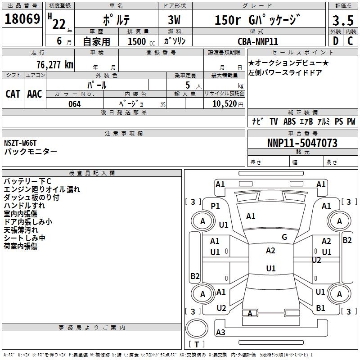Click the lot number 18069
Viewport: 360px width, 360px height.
pos(22,19)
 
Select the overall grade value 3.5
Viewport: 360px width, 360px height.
pos(343,20)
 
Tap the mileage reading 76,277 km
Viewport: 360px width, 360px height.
pos(55,65)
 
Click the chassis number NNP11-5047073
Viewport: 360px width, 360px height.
pos(302,143)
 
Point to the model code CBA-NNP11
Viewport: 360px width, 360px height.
pos(258,41)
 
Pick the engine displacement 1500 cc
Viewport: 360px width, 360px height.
pos(141,41)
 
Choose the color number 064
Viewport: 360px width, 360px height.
pos(75,104)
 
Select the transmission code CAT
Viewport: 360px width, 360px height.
pos(13,94)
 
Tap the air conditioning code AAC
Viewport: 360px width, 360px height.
pos(35,94)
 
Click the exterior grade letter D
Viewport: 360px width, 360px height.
pos(336,41)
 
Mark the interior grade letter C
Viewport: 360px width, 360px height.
pos(351,41)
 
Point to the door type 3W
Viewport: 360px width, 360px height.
pos(174,20)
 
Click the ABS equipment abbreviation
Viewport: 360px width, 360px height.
pos(289,121)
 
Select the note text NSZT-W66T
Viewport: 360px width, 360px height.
pos(20,143)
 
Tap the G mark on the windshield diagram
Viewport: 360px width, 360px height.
pos(284,237)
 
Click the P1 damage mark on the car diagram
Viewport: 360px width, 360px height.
pos(216,206)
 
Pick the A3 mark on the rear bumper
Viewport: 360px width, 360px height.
pos(220,332)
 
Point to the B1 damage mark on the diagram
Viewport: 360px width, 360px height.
pos(320,308)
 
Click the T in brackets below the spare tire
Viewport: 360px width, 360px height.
pos(197,344)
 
